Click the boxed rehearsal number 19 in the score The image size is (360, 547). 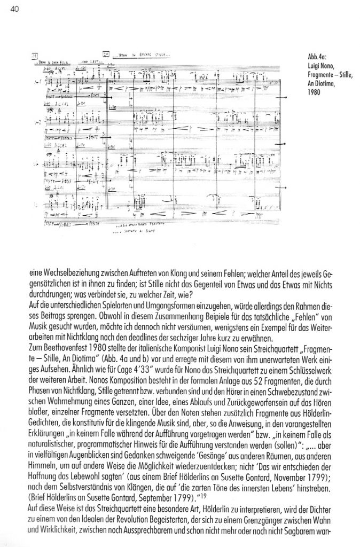click(x=36, y=55)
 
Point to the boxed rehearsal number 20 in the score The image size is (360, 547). click(x=106, y=54)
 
